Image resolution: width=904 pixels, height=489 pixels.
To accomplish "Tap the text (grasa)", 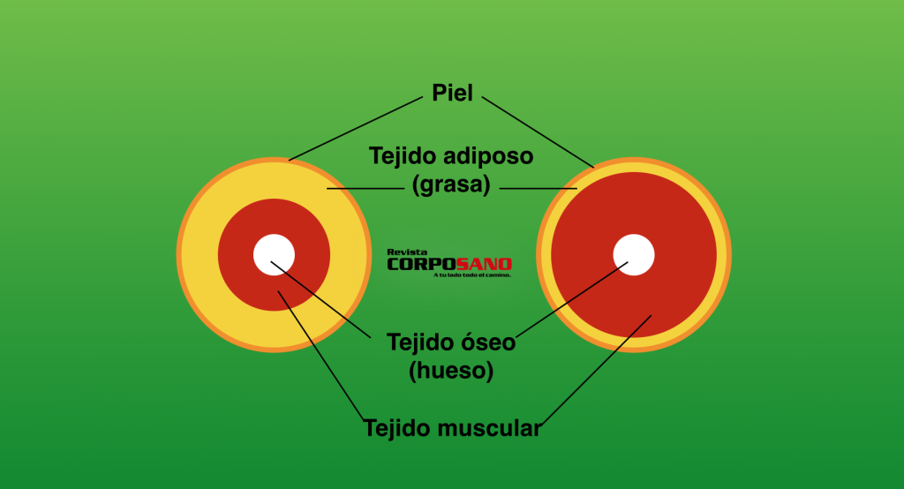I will point(451,186).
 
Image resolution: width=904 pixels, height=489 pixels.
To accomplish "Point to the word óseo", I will point(484,342).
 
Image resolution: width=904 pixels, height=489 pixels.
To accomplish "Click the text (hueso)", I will point(451,371).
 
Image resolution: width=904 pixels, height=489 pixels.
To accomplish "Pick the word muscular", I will point(493,429).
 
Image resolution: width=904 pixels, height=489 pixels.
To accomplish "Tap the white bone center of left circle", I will point(274,255).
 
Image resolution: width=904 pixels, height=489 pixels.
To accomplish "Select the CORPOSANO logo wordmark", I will point(449,264).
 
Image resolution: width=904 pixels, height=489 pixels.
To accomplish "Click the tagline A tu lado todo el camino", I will point(472,275).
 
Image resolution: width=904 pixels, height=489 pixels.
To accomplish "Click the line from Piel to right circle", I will point(539,128).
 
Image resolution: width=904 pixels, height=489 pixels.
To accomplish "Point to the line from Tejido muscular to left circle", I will point(320,353).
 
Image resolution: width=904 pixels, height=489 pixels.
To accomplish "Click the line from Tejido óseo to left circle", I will point(327,302).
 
